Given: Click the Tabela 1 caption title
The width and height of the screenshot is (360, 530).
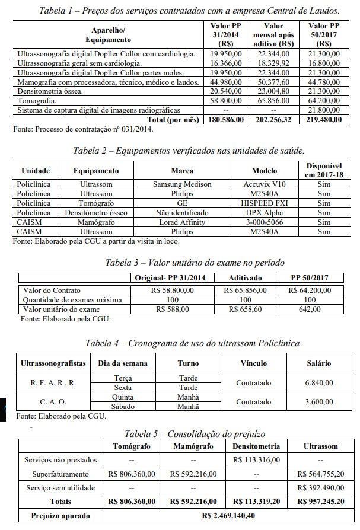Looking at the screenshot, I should pos(189,11).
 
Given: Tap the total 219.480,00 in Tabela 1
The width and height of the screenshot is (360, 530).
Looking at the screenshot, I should pos(324,120).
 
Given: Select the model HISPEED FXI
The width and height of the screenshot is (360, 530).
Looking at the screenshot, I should pos(265,203).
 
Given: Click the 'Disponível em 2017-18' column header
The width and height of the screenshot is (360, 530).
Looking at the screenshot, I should pos(324,170).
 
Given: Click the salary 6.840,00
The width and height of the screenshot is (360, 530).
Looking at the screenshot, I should pos(318,383).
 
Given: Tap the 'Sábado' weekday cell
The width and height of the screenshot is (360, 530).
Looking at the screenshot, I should pos(123,407).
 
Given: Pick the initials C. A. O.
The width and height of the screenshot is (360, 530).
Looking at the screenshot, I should pos(53,402).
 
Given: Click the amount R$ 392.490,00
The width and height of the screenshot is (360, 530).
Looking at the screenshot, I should pos(321,488).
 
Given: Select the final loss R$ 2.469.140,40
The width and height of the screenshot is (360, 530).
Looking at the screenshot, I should pos(230,516).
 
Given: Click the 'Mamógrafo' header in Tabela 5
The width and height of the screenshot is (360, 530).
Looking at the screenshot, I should pos(192,446).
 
